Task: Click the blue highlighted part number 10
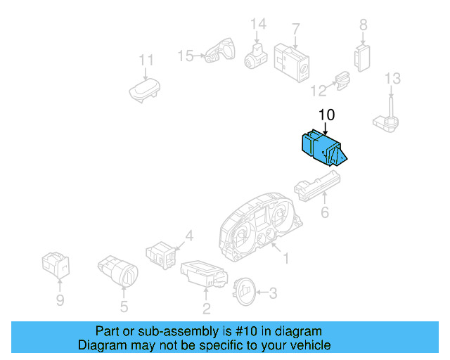coord(324,148)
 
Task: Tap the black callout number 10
coord(326,115)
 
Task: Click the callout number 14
coord(258,24)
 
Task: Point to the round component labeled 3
coord(244,291)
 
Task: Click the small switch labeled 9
coord(56,265)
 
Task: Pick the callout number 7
coord(296,30)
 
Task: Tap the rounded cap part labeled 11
coord(144,90)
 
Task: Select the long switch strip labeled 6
coord(317,186)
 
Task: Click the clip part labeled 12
coord(343,80)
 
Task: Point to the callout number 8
coord(364,25)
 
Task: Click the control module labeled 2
coord(204,274)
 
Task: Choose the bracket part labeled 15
coord(220,51)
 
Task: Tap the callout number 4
coord(189,236)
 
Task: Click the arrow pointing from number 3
coord(262,292)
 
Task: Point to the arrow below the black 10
coord(325,129)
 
